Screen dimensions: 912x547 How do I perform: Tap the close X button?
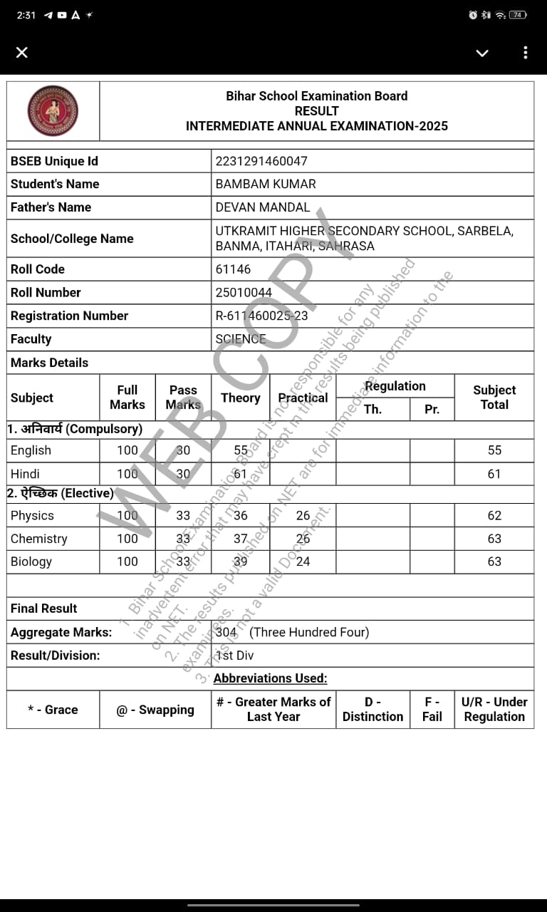point(22,53)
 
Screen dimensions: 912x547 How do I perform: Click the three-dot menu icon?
point(526,53)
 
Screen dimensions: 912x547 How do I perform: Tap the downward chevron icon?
point(482,53)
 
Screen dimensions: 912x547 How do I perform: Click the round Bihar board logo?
point(53,111)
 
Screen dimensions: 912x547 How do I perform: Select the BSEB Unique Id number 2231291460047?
point(261,161)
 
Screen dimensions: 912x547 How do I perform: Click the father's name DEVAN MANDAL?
point(263,207)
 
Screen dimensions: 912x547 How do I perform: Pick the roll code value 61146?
point(233,269)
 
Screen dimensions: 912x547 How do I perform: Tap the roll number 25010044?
point(244,292)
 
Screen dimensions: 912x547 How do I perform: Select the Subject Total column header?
point(494,397)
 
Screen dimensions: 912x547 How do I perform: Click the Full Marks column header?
point(127,397)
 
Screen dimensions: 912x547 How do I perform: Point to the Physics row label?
point(32,515)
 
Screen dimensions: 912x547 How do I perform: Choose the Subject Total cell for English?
point(494,450)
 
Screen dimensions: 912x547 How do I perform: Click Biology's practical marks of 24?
point(303,561)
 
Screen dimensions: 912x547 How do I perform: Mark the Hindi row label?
point(25,474)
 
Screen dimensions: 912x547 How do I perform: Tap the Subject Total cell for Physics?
point(494,515)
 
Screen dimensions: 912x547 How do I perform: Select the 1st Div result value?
point(234,655)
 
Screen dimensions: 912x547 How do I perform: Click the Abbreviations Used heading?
point(270,678)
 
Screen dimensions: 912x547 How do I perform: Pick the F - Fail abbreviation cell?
point(432,709)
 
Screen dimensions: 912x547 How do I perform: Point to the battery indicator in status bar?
point(518,15)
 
